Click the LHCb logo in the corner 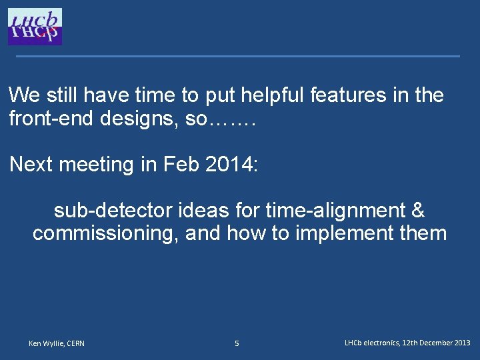pyautogui.click(x=35, y=27)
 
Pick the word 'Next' pyautogui.click(x=31, y=165)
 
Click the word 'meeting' pyautogui.click(x=94, y=165)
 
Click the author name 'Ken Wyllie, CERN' pyautogui.click(x=57, y=343)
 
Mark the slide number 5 pyautogui.click(x=237, y=343)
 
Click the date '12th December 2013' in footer pyautogui.click(x=436, y=343)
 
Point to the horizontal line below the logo pyautogui.click(x=238, y=56)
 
